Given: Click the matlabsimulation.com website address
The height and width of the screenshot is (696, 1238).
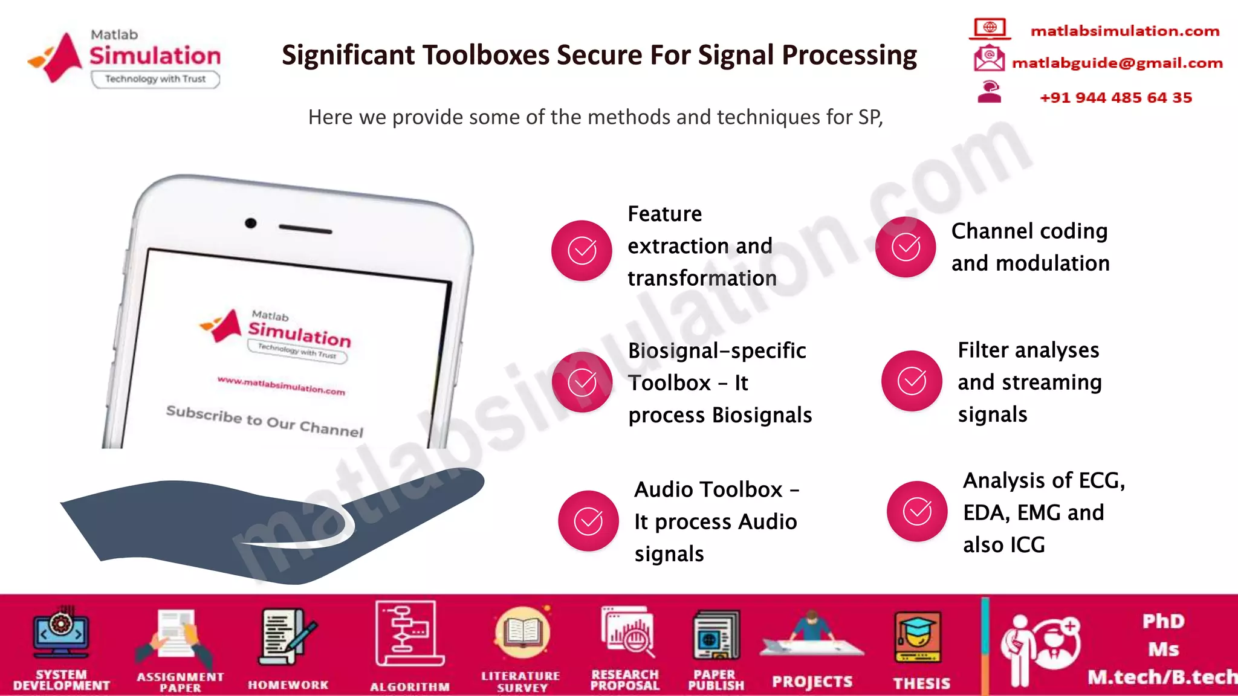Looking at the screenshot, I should tap(1124, 31).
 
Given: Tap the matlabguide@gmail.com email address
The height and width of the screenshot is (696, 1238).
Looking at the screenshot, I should tap(1117, 63).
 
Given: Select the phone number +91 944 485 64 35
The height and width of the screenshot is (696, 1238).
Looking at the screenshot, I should tap(1115, 98).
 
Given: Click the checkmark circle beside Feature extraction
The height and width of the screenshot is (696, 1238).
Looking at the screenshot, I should tap(582, 251).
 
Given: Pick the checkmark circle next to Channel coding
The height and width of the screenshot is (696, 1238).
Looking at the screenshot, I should tap(906, 247).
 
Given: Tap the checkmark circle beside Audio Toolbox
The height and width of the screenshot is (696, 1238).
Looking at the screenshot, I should tap(588, 521).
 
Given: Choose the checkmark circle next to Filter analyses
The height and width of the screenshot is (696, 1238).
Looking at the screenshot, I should tap(912, 381).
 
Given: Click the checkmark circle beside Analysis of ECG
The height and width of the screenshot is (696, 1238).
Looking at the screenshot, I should tap(917, 511).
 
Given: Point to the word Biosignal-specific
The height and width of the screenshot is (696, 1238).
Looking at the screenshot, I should tap(717, 350).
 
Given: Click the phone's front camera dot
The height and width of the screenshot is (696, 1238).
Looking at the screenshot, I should tap(250, 224).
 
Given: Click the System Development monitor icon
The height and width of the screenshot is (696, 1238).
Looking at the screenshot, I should tap(61, 633).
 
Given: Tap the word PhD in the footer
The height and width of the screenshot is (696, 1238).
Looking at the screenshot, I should tap(1163, 621).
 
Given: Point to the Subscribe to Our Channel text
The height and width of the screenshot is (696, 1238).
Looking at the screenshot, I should tap(265, 420).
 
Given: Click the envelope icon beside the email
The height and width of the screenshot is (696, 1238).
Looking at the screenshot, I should tap(989, 59).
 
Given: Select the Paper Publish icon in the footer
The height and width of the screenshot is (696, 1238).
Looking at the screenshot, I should tap(716, 636).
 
